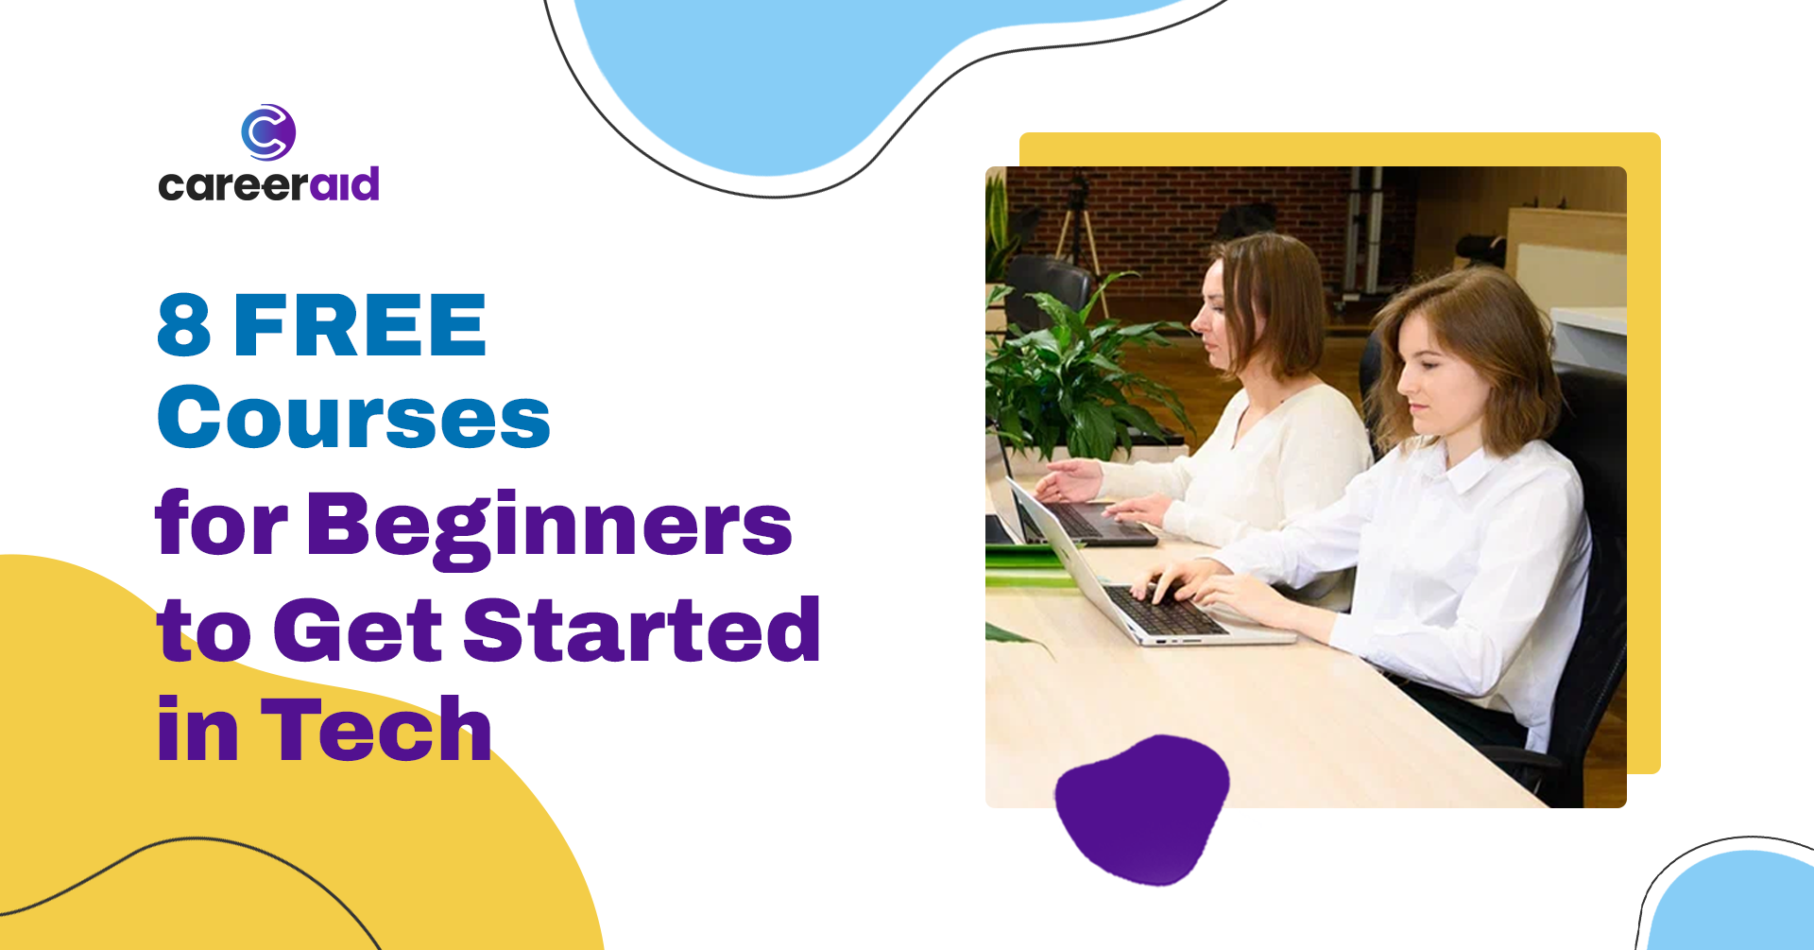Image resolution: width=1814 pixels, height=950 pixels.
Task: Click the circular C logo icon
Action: point(268,132)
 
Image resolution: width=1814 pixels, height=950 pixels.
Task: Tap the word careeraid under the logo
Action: point(269,184)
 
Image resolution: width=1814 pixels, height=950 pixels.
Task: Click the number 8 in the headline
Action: point(184,325)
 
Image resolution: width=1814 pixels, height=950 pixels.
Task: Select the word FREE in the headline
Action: point(360,325)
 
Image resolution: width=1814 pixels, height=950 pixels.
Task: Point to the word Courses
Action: point(353,417)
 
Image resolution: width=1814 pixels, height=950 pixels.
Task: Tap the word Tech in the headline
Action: point(376,729)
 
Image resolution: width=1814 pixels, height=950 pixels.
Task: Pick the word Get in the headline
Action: point(358,630)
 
